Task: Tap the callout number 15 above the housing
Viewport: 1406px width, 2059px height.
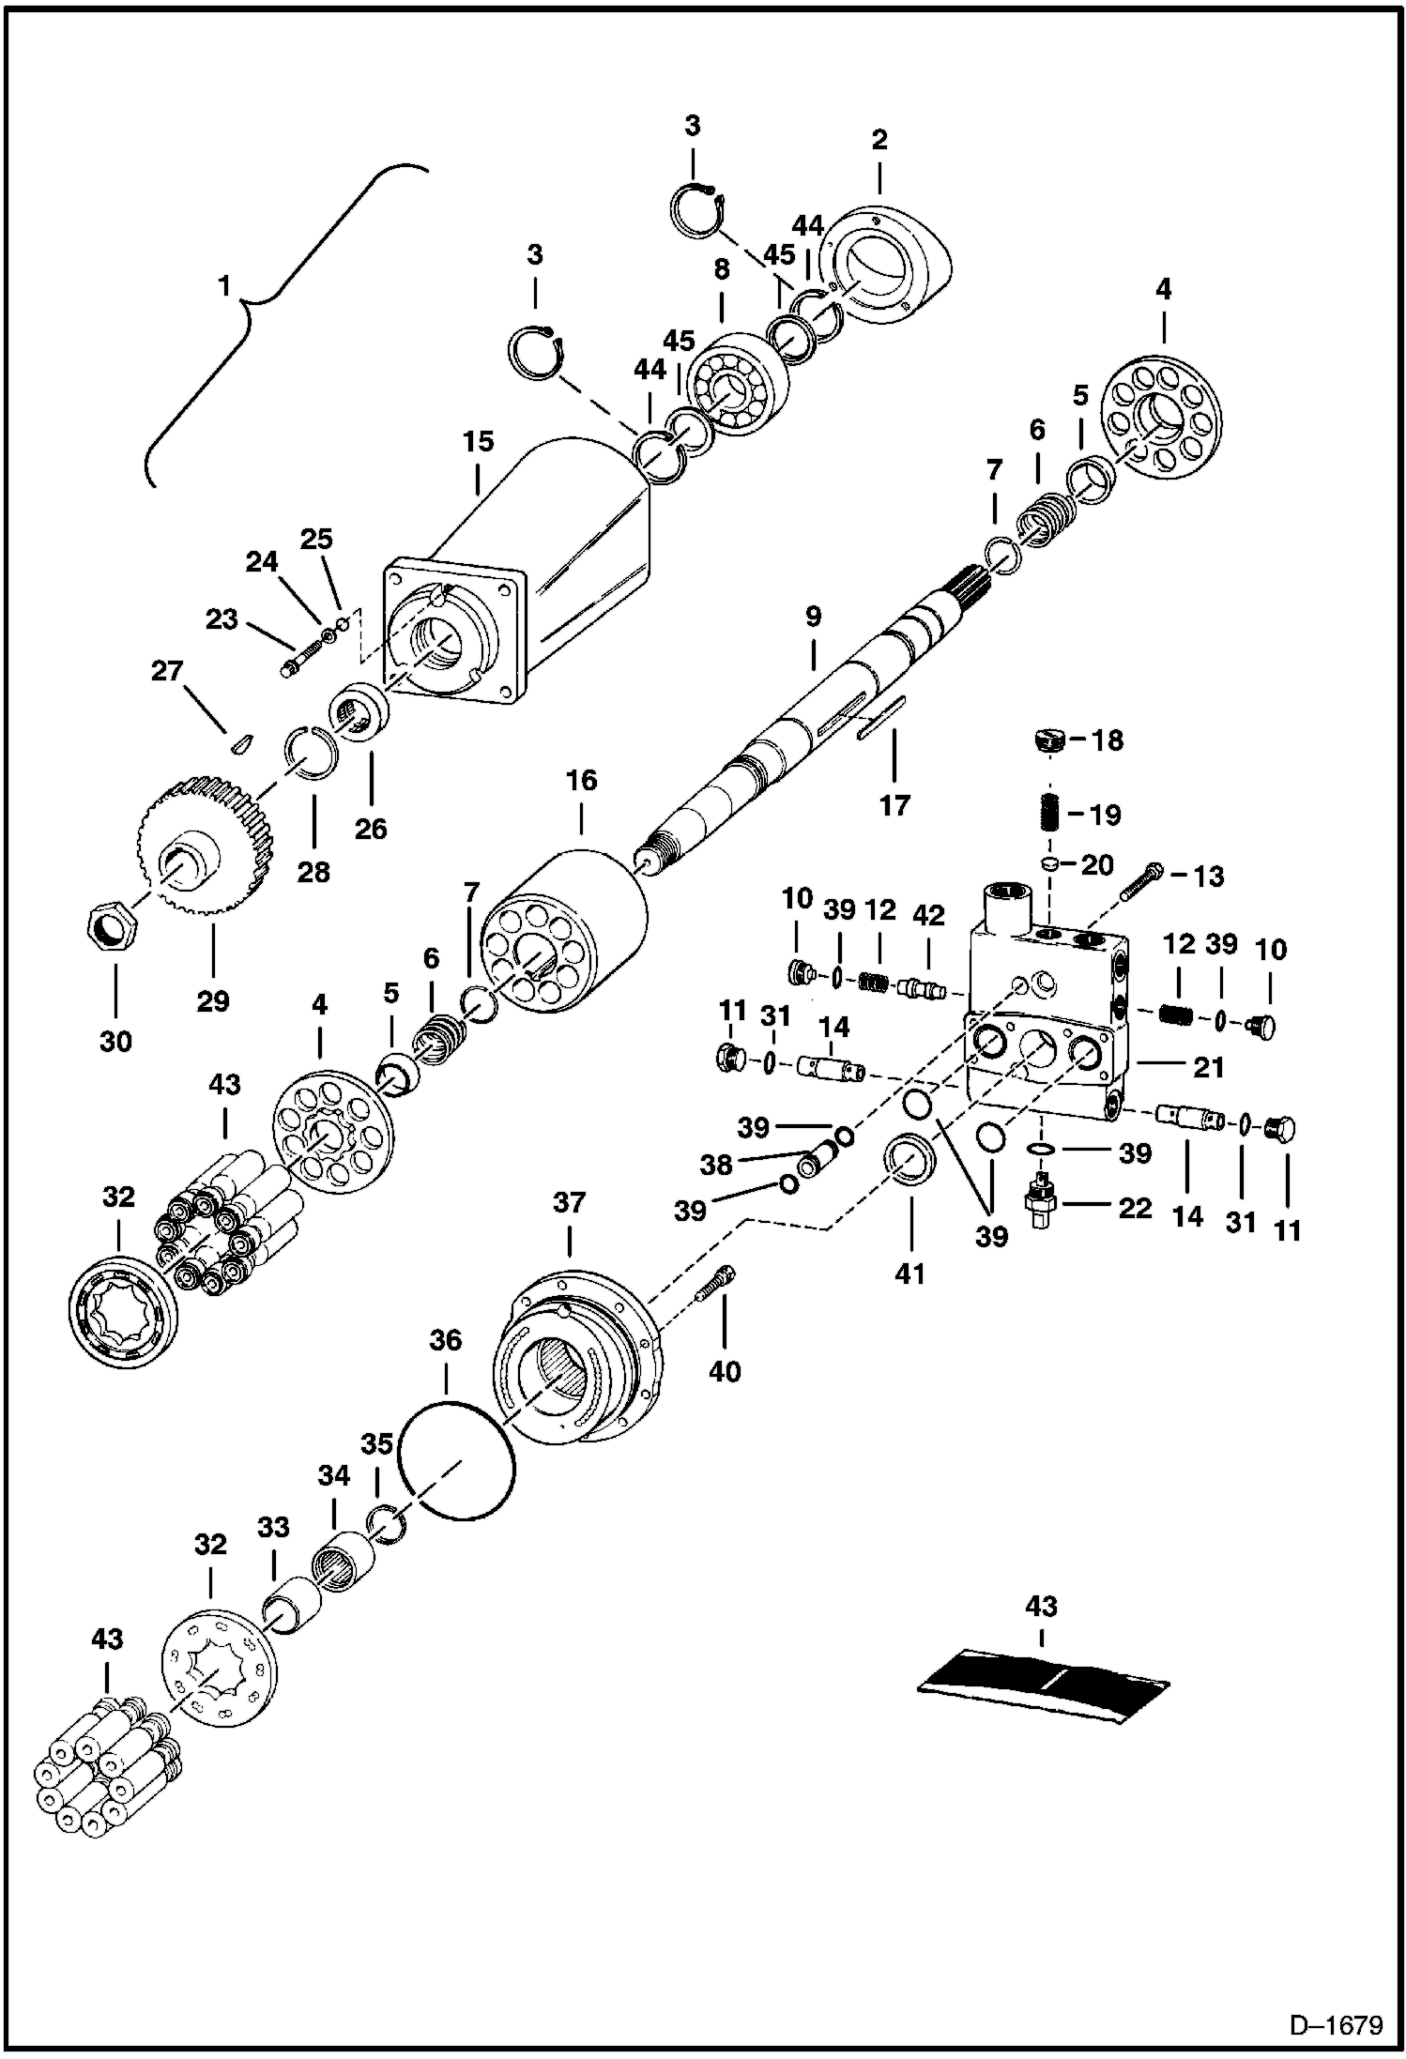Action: [478, 441]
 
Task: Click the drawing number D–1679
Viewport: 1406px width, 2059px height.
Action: [1336, 2025]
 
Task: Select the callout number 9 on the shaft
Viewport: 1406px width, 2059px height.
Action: [813, 617]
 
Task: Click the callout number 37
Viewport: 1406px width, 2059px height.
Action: [569, 1202]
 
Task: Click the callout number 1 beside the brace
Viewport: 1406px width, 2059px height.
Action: [223, 286]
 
